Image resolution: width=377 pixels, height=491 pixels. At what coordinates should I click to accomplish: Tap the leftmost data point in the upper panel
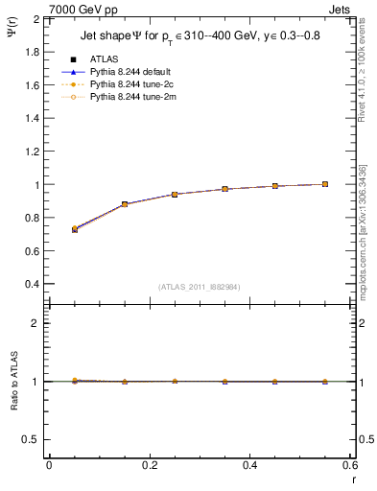[x=75, y=229]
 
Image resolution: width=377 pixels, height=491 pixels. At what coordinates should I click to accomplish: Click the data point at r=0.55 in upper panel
[x=325, y=184]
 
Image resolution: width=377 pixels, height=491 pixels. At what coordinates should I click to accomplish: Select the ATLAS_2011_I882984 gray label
[x=199, y=287]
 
